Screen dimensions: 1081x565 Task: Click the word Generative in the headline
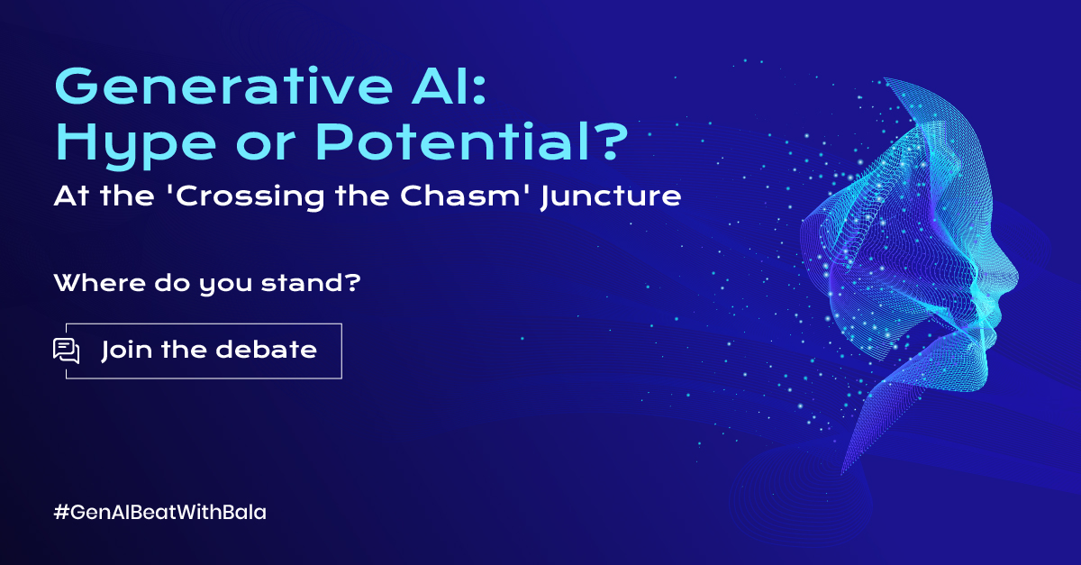(x=224, y=87)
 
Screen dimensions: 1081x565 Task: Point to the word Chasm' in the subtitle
(x=462, y=196)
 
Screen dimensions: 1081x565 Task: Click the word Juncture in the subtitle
(x=611, y=197)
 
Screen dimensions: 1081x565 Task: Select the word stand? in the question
(x=311, y=283)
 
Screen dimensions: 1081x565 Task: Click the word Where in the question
(x=100, y=283)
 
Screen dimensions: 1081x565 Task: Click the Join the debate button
(x=204, y=351)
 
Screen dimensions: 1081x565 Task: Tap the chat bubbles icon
(x=66, y=351)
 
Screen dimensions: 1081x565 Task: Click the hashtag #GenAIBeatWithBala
(x=159, y=512)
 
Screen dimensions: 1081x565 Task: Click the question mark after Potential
(x=612, y=140)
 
